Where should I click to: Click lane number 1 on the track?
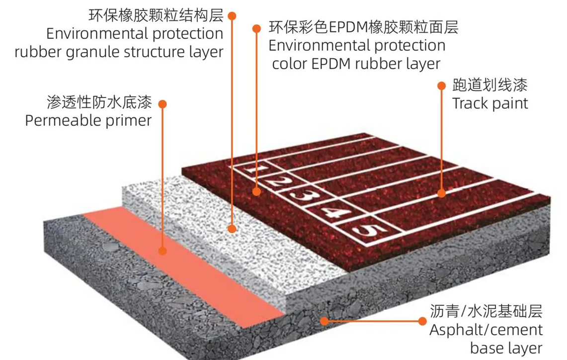click(x=258, y=172)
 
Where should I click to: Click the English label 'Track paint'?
click(x=489, y=103)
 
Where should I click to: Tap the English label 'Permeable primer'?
click(x=88, y=120)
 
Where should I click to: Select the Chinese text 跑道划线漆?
click(x=489, y=86)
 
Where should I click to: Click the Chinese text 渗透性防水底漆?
click(x=99, y=103)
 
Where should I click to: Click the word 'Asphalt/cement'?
click(x=486, y=329)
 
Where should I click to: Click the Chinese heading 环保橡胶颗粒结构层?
click(x=156, y=16)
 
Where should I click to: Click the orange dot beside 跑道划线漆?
click(x=441, y=86)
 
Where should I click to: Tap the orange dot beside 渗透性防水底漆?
click(x=162, y=104)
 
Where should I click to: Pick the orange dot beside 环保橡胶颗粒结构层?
click(x=232, y=16)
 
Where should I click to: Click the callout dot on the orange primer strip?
click(x=161, y=250)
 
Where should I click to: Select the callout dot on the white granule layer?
click(x=232, y=229)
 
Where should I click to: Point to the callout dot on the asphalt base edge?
click(x=324, y=321)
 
